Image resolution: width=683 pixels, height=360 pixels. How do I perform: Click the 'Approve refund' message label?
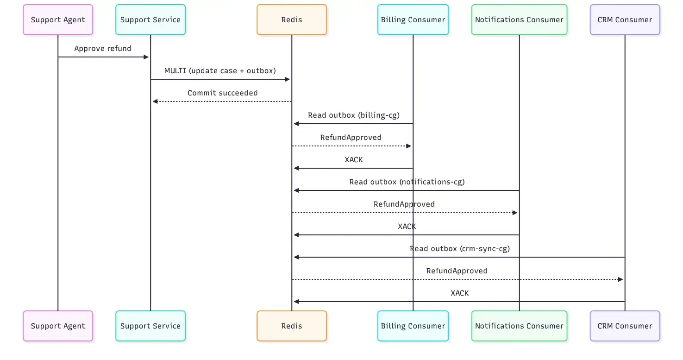(103, 49)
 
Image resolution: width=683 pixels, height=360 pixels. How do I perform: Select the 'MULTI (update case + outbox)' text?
(220, 71)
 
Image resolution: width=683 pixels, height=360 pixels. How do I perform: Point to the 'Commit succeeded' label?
(222, 93)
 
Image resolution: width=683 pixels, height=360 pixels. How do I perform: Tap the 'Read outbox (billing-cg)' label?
(354, 115)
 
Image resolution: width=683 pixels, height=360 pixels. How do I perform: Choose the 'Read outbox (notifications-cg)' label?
(407, 182)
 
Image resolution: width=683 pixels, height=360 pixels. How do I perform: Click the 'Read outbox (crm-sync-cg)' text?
(459, 249)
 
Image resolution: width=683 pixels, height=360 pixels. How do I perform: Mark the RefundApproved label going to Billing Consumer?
(351, 138)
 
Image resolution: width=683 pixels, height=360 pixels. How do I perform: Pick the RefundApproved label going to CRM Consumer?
(457, 271)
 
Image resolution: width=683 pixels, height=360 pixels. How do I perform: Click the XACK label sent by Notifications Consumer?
(407, 227)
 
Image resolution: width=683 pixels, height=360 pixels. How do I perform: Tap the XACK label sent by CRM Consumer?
(459, 293)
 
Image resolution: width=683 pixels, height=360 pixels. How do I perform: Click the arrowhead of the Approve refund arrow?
(146, 57)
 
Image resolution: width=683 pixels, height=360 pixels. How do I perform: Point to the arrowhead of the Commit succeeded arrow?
(155, 101)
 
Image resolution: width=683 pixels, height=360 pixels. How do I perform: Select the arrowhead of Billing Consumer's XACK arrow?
(296, 168)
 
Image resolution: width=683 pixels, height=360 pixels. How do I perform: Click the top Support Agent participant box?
(58, 20)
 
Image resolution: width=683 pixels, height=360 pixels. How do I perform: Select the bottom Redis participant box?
(292, 326)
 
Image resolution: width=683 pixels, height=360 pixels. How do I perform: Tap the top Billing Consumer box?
(413, 20)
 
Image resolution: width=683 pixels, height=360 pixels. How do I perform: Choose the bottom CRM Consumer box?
(625, 326)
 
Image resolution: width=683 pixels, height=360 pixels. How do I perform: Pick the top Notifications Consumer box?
(519, 20)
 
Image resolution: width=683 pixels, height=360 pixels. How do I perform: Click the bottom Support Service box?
(150, 326)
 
